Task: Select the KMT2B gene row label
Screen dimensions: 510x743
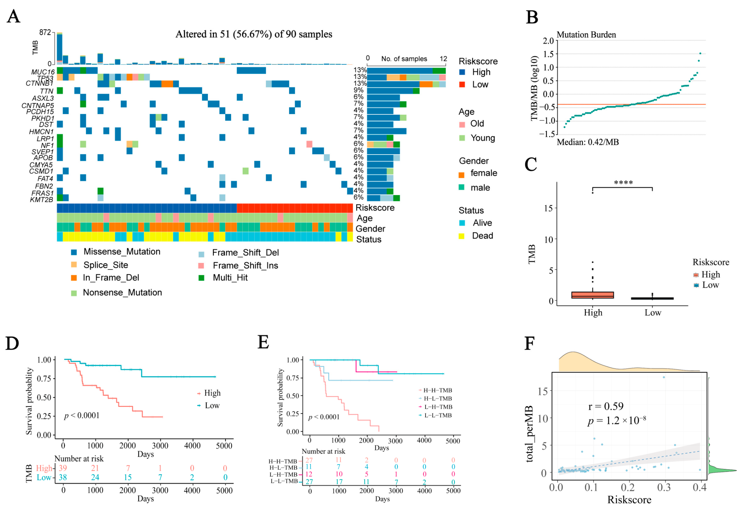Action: pyautogui.click(x=42, y=200)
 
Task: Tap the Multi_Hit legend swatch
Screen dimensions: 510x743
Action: pyautogui.click(x=201, y=278)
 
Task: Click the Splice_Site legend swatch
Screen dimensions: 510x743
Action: pyautogui.click(x=74, y=264)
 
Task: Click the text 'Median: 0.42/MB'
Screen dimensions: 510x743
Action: pyautogui.click(x=588, y=142)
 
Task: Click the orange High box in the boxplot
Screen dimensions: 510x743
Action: pyautogui.click(x=592, y=295)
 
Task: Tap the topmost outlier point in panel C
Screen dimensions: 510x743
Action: pyautogui.click(x=592, y=193)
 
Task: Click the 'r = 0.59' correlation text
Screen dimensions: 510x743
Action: pyautogui.click(x=606, y=406)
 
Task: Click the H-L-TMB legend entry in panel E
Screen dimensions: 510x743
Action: pyautogui.click(x=437, y=399)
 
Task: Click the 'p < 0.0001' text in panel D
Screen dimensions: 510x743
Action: pyautogui.click(x=82, y=416)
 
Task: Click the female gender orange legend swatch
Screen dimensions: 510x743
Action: pyautogui.click(x=462, y=175)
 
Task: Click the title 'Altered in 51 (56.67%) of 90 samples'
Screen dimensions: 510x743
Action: pyautogui.click(x=254, y=34)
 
